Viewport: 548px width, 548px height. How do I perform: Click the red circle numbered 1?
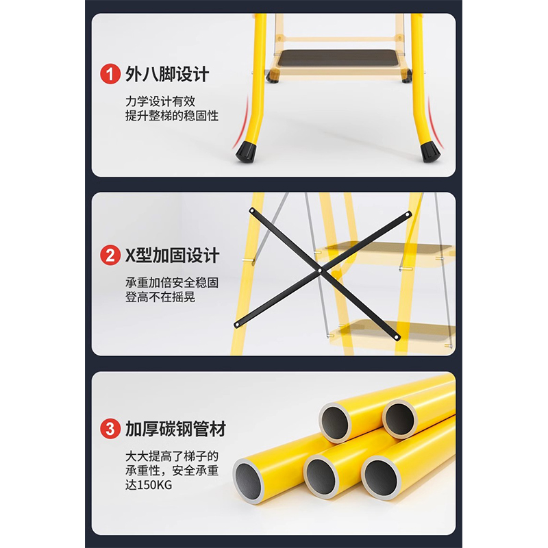click(x=109, y=74)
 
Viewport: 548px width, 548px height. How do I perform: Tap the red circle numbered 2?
click(x=109, y=256)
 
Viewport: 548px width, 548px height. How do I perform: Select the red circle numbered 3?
click(x=109, y=430)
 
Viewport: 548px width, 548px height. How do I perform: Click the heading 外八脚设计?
click(x=167, y=74)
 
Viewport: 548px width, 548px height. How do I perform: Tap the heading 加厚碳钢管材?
click(x=175, y=430)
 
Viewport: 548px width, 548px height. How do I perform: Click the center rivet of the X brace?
click(x=320, y=269)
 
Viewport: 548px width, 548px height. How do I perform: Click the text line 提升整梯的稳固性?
click(x=172, y=116)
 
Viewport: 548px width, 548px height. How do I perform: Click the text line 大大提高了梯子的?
click(x=171, y=455)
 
